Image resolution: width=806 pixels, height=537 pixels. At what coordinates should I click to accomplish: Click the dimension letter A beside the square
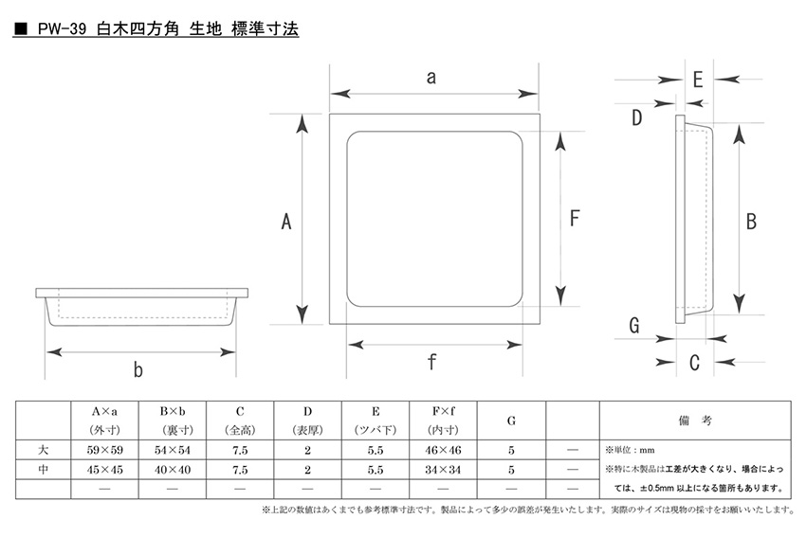click(286, 222)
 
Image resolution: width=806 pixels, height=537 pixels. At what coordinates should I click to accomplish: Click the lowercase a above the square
click(431, 78)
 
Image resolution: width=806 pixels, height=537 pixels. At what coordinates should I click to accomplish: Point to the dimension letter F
click(575, 218)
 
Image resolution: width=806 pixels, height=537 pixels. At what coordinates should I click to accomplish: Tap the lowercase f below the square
click(431, 362)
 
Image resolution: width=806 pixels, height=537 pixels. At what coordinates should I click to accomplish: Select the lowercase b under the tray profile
click(137, 369)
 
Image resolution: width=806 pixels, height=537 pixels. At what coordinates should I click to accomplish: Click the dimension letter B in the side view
click(751, 222)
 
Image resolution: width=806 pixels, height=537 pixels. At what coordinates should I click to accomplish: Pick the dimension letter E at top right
click(698, 80)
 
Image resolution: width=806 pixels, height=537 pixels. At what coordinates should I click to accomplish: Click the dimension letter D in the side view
click(636, 117)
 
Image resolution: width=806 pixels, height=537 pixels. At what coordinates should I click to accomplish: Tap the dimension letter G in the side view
click(634, 325)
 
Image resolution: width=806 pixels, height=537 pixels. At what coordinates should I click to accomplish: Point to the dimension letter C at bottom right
click(694, 363)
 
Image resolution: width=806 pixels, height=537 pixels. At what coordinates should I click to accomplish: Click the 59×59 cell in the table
click(105, 450)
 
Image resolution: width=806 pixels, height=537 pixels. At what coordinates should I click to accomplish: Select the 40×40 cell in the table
click(173, 469)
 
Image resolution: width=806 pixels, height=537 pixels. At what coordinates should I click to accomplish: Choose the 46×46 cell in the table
click(443, 450)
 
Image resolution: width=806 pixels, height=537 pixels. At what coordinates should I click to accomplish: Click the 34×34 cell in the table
click(443, 469)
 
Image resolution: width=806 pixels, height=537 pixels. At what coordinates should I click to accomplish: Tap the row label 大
click(44, 450)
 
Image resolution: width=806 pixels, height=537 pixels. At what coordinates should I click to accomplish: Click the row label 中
click(44, 469)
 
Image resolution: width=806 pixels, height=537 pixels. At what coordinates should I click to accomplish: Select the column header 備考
click(695, 421)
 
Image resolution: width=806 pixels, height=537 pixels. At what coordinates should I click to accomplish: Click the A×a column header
click(104, 411)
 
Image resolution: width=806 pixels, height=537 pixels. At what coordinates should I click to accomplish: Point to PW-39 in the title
click(62, 28)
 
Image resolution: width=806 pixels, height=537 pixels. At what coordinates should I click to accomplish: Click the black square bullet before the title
click(21, 29)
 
